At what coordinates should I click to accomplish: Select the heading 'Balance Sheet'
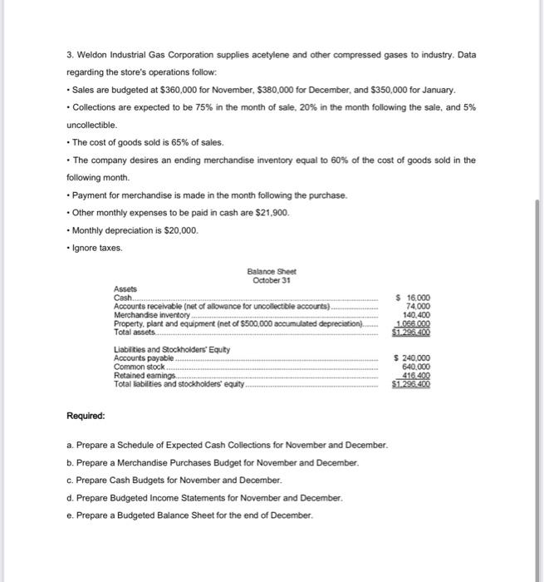coord(271,272)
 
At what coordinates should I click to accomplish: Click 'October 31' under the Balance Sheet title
coord(271,280)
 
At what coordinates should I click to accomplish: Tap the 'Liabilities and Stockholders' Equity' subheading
coord(160,349)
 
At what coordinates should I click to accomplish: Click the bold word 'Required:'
coord(86,415)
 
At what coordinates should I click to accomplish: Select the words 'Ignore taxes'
coord(97,248)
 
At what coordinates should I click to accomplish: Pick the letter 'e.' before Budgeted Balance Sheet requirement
coord(71,515)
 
